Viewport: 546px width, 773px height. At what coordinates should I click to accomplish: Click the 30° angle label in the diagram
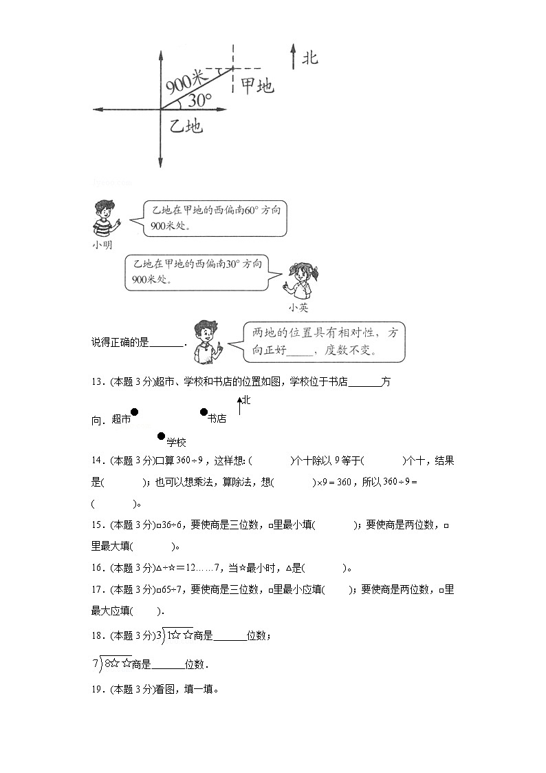[199, 100]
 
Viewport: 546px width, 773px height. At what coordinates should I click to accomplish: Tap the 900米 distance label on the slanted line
[186, 83]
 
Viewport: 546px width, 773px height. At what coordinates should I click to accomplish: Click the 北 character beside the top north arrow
[310, 57]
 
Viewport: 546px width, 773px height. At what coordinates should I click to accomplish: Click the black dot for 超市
[135, 412]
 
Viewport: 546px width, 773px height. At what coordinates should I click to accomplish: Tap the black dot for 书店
[204, 412]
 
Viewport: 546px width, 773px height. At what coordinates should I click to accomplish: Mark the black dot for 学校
[162, 436]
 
